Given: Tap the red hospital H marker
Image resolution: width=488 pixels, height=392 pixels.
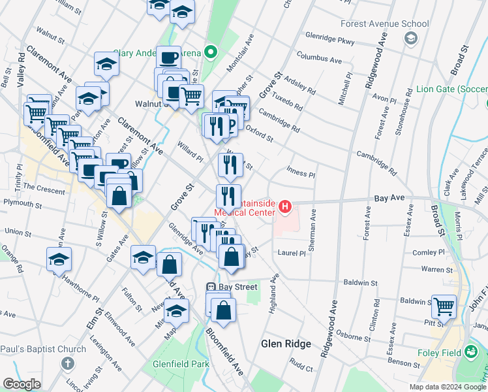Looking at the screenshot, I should [x=285, y=207].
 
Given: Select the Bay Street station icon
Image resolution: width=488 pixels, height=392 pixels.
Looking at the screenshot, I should [x=211, y=287].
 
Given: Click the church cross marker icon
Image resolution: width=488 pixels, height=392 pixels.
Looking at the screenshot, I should [x=67, y=363].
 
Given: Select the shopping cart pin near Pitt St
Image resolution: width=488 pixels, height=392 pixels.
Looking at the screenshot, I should [x=444, y=304].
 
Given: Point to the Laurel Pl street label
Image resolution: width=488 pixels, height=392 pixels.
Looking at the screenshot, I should [x=291, y=253].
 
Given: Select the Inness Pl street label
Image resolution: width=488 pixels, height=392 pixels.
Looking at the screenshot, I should [x=302, y=175].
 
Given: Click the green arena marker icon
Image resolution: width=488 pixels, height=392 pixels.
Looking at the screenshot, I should [x=210, y=52].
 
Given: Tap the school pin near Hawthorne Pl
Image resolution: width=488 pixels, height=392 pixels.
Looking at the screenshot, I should [x=59, y=259].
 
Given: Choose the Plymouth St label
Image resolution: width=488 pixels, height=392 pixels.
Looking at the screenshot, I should [x=22, y=204].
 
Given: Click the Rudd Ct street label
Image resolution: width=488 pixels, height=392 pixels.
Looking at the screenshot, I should [x=301, y=368].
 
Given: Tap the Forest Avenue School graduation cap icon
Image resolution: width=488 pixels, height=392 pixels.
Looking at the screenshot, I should [x=410, y=39].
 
